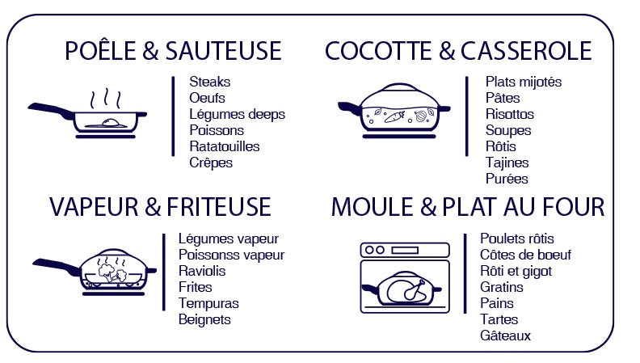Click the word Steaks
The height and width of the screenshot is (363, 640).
pyautogui.click(x=209, y=82)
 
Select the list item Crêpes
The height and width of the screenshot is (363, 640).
pyautogui.click(x=210, y=163)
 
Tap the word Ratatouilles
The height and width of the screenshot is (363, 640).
pyautogui.click(x=224, y=146)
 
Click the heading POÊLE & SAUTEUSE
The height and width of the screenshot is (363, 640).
pyautogui.click(x=173, y=51)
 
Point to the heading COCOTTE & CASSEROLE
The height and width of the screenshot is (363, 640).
pyautogui.click(x=458, y=51)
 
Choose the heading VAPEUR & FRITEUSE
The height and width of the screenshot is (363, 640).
pyautogui.click(x=160, y=207)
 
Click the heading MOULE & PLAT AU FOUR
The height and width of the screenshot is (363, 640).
pyautogui.click(x=467, y=207)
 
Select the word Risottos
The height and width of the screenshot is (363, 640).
pyautogui.click(x=509, y=114)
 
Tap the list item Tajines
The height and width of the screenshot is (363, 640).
pyautogui.click(x=507, y=163)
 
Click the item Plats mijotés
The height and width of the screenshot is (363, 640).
pyautogui.click(x=523, y=82)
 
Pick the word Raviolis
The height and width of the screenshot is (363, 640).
pyautogui.click(x=202, y=271)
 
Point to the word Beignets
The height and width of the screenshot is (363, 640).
pyautogui.click(x=204, y=319)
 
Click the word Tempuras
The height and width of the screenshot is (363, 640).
pyautogui.click(x=208, y=303)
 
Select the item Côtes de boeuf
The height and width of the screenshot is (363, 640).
pyautogui.click(x=525, y=255)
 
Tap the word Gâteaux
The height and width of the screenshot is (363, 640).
pyautogui.click(x=505, y=336)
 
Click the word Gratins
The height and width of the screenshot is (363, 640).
pyautogui.click(x=501, y=287)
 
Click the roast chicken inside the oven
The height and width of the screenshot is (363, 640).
pyautogui.click(x=405, y=289)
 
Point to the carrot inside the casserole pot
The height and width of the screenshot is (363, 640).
pyautogui.click(x=394, y=116)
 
